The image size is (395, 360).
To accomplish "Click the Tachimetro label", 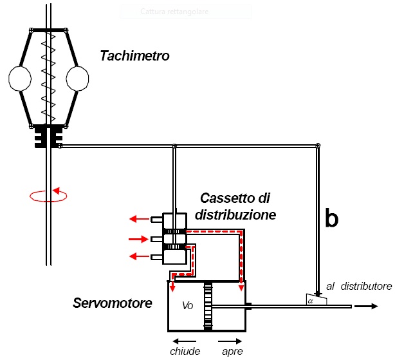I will (x=134, y=56).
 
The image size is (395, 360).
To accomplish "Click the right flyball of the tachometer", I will (x=77, y=78).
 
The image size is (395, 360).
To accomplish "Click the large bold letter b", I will (x=331, y=218).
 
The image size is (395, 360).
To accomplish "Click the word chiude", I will (x=184, y=351).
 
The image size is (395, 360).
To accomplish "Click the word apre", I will (x=232, y=351).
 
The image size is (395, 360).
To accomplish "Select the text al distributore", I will (x=358, y=285).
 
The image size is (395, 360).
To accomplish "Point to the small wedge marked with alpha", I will (x=317, y=299).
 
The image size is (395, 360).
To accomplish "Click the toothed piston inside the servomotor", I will (x=207, y=307).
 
